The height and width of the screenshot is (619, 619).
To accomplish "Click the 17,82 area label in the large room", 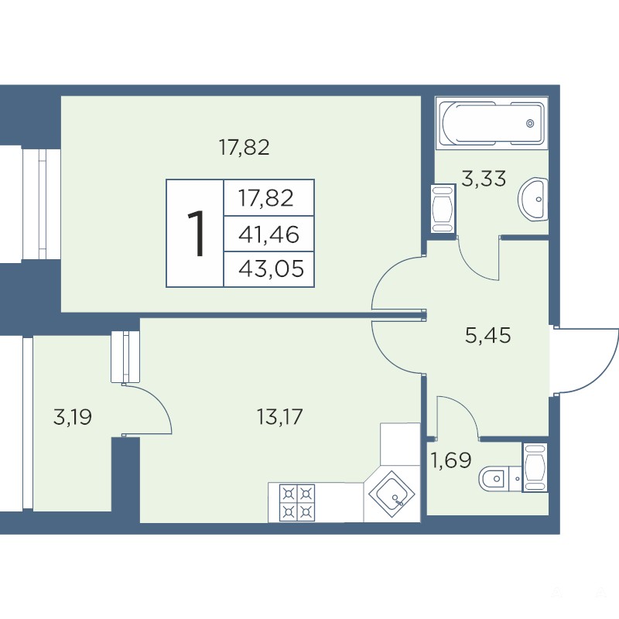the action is click(244, 148).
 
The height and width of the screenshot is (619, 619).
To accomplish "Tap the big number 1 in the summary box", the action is click(197, 234).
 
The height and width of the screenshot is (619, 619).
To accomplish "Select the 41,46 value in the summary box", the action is click(268, 234).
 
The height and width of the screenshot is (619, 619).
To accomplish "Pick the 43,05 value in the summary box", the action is click(271, 269).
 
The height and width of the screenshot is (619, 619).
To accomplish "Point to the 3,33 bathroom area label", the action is click(484, 179).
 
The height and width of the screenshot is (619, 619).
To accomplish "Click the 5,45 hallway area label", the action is click(488, 336).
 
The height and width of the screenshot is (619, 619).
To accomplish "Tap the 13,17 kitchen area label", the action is click(279, 417).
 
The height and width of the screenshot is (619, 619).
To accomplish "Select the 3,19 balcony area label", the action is click(72, 417).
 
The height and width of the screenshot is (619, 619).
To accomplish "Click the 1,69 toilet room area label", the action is click(450, 460).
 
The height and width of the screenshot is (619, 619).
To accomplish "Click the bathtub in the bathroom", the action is click(492, 123).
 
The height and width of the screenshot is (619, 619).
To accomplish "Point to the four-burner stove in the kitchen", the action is click(297, 502).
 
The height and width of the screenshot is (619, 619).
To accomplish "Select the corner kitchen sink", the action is click(392, 494).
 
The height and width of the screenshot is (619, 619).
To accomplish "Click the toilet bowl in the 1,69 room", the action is click(494, 479).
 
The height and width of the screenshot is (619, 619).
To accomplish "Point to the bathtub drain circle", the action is click(530, 124).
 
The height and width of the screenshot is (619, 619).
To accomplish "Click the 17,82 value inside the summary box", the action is click(265, 198).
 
